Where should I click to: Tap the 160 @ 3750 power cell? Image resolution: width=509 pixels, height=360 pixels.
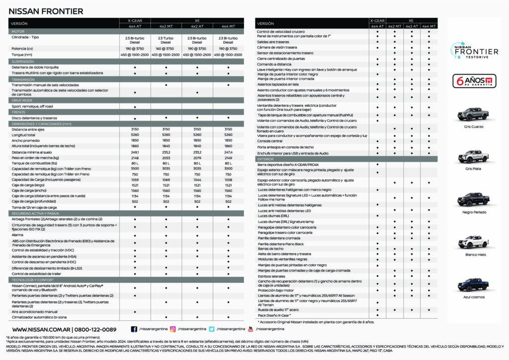166,49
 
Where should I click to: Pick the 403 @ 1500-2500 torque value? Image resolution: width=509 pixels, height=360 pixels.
166,55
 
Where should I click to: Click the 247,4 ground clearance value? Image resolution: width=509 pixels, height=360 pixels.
228,152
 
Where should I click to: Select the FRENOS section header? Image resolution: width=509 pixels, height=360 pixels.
20,112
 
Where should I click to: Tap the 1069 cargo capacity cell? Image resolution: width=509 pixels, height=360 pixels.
166,180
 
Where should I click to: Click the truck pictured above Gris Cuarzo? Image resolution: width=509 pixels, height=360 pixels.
473,113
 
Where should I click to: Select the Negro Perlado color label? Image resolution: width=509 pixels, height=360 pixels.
473,212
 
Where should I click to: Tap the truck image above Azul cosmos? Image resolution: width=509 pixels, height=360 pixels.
473,284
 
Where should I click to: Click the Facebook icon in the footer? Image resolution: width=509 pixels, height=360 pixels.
134,329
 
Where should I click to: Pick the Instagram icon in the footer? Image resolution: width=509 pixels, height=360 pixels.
172,329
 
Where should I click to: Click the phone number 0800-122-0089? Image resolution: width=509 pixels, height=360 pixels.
95,329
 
